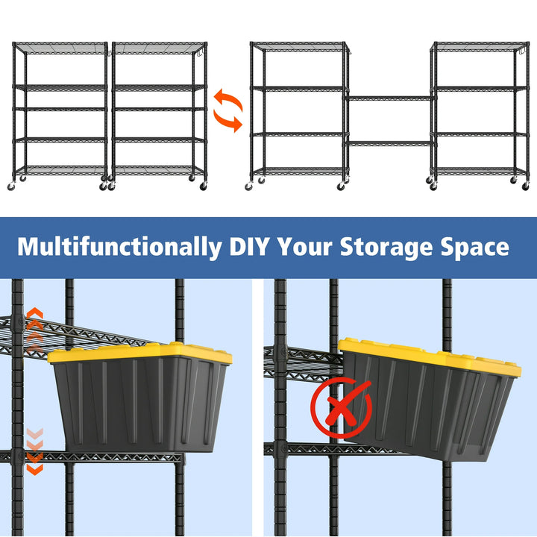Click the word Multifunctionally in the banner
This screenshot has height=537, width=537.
[119, 248]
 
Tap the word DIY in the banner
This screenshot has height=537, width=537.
[249, 246]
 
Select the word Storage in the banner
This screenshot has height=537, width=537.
[386, 248]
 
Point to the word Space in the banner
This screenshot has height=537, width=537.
[474, 248]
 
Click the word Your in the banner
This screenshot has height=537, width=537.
[304, 246]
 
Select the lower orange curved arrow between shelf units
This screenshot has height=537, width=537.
[228, 121]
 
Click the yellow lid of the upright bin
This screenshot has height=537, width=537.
[139, 353]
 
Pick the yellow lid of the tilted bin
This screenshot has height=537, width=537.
[430, 357]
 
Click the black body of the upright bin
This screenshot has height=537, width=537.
[139, 404]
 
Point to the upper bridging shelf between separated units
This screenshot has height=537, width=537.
[390, 98]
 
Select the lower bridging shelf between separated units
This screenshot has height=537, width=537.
[390, 143]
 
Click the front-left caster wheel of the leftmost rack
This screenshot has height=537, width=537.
[11, 186]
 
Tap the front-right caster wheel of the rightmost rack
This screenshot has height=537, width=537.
[525, 186]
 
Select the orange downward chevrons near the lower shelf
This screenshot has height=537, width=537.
[35, 451]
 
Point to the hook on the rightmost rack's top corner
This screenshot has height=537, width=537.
[523, 51]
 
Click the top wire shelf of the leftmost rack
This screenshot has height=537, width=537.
[60, 48]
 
